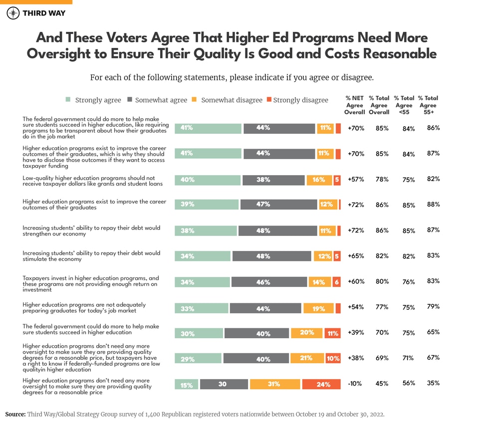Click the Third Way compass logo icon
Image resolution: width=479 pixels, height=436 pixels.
click(x=13, y=13)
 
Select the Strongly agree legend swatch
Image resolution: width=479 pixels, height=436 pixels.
click(x=68, y=100)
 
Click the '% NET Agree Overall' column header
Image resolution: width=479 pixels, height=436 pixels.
click(x=354, y=105)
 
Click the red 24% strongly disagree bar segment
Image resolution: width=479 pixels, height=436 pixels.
click(x=322, y=384)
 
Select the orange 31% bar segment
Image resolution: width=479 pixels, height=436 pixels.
click(x=275, y=384)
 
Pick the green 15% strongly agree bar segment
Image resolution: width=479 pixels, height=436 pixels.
click(x=186, y=384)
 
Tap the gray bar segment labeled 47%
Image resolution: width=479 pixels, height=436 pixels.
click(x=278, y=205)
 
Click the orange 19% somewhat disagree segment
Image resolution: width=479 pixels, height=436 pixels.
click(x=318, y=308)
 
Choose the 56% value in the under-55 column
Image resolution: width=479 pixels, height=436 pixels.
click(x=409, y=384)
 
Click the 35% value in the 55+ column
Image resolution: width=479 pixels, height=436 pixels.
click(x=433, y=383)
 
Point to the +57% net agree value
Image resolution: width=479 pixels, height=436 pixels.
click(x=356, y=179)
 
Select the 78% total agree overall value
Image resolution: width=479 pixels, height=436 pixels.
click(x=382, y=179)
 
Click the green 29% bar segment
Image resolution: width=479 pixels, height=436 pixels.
click(x=198, y=358)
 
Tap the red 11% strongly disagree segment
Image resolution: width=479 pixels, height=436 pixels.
click(x=332, y=333)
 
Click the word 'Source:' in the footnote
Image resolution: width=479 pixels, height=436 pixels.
click(x=15, y=414)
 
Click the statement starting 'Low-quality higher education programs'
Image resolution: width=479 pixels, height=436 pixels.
click(x=93, y=181)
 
